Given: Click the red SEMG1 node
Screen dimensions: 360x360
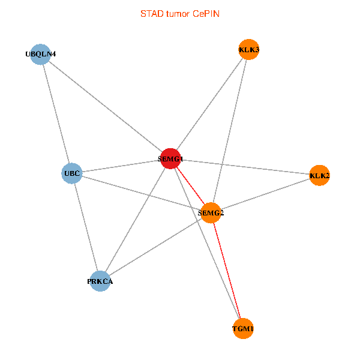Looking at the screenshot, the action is tap(170, 158).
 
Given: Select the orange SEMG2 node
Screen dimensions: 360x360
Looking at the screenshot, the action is tap(211, 213).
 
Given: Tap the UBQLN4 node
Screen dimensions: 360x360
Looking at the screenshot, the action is tap(40, 55).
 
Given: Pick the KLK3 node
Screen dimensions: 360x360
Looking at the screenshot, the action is tap(249, 49).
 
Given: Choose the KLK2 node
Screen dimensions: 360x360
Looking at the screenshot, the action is tap(319, 175).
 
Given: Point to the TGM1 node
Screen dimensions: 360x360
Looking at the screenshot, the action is tap(243, 329).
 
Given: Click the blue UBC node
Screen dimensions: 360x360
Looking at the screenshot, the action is tap(71, 173).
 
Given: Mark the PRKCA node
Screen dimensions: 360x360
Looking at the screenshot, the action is tap(100, 281).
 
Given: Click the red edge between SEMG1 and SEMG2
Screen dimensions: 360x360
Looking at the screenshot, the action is tap(191, 186).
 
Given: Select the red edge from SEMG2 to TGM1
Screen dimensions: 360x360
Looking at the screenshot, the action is tap(227, 271).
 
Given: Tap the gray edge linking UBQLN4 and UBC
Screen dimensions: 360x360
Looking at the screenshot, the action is tap(56, 114).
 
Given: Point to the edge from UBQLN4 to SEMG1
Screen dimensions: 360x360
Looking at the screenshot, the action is tap(106, 107).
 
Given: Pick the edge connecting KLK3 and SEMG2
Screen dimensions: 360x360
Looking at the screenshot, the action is tap(230, 131).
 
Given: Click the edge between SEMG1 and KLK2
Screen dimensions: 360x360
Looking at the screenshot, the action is tap(245, 167).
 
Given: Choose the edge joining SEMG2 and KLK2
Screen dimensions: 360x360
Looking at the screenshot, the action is tap(265, 194).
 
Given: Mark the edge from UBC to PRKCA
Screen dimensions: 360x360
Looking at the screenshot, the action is tap(86, 227).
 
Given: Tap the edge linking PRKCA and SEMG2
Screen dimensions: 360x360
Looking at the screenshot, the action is tap(155, 247).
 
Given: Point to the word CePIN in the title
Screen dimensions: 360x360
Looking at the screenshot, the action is tap(206, 14).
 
